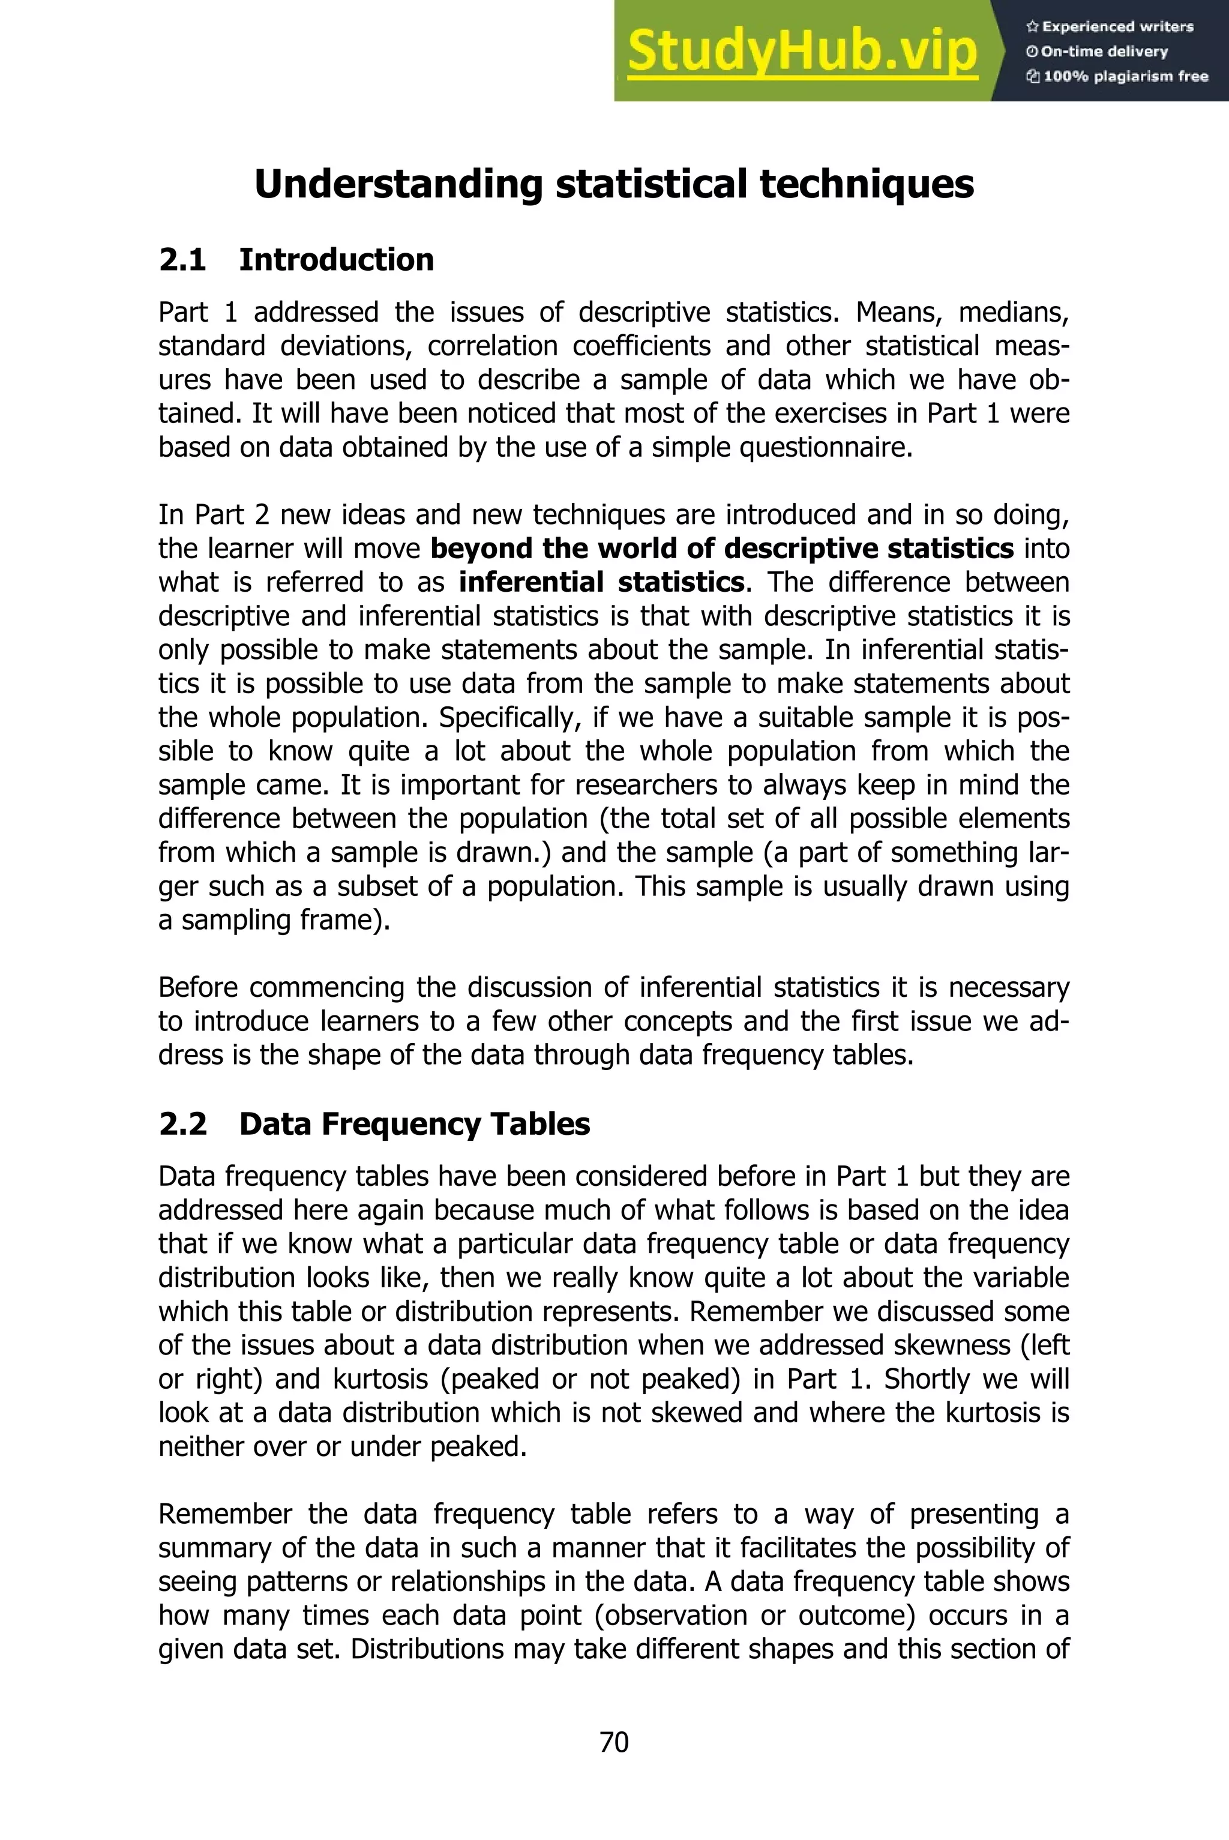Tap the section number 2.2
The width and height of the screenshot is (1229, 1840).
[182, 1125]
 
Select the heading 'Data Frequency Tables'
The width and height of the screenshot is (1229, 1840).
[415, 1125]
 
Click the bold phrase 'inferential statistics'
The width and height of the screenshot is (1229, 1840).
[601, 582]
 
